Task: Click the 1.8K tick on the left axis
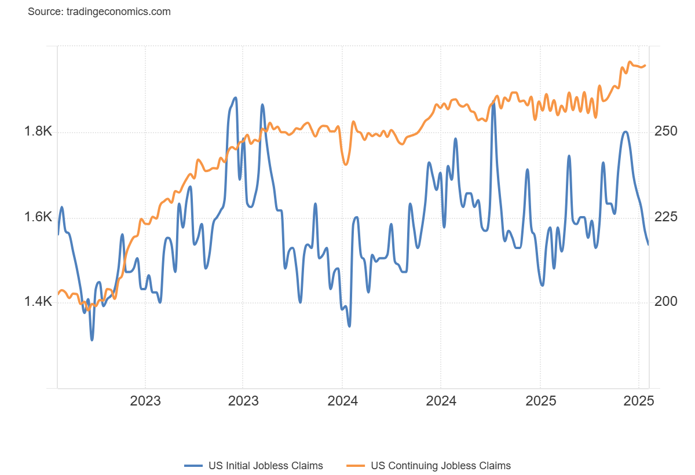point(38,131)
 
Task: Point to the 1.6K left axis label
point(38,217)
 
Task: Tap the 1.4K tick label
point(38,301)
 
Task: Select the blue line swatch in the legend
point(193,465)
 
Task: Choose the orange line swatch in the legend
point(356,465)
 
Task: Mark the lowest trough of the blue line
point(92,339)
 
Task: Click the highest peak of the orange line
point(630,61)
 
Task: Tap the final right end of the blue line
point(648,244)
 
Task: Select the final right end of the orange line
point(646,65)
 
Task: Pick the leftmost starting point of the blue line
point(58,234)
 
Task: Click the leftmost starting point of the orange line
point(58,294)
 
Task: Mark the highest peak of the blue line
point(235,97)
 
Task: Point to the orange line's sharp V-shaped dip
point(346,165)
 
